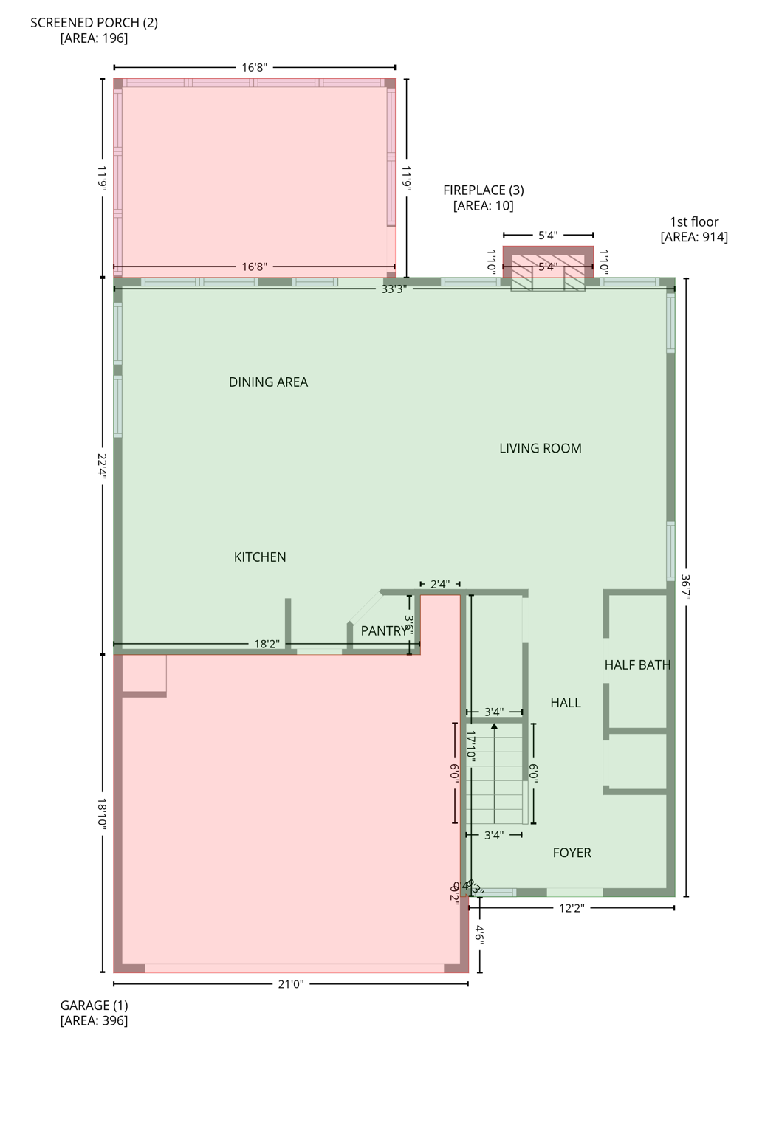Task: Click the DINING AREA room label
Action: [268, 382]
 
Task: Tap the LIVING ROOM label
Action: [540, 448]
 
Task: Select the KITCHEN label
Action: [260, 557]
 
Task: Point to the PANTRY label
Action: [384, 630]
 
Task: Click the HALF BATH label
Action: [637, 664]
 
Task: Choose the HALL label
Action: [566, 703]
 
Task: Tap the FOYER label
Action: [572, 853]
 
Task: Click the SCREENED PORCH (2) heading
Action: [94, 22]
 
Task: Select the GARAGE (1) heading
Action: [94, 1005]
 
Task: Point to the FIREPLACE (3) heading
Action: [484, 190]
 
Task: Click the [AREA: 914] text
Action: [694, 237]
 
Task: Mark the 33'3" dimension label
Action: [394, 289]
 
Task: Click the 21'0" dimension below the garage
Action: [291, 983]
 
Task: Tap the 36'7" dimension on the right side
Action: [686, 588]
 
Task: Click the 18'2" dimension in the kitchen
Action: [267, 644]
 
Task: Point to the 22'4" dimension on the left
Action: [103, 467]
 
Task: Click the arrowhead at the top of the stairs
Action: [494, 727]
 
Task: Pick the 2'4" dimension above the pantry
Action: [439, 584]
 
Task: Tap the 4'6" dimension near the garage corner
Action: [480, 935]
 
